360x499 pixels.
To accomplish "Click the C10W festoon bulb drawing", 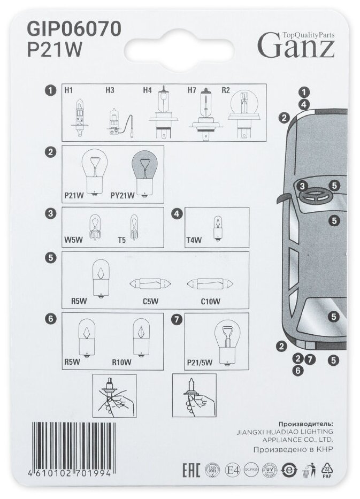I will pos(208,283).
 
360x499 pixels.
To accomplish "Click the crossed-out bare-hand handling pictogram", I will pos(114,397).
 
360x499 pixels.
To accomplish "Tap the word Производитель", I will pos(299,423).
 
